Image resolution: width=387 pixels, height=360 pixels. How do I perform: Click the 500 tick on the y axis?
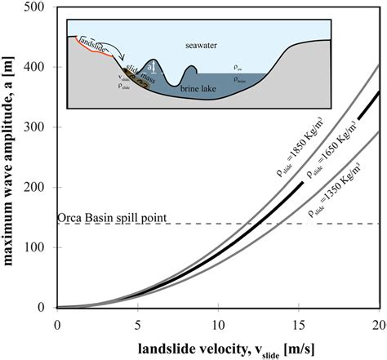click(x=40, y=8)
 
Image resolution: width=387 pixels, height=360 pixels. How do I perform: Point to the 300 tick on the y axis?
click(x=40, y=127)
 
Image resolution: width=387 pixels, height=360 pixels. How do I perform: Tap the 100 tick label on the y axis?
click(x=40, y=247)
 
